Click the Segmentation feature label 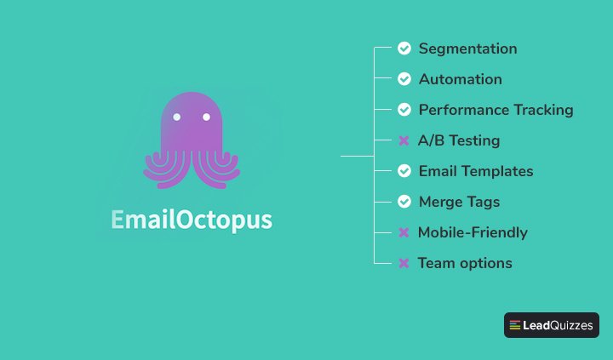click(x=467, y=49)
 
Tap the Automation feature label click(x=460, y=79)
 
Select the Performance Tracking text click(x=496, y=110)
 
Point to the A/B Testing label click(x=459, y=140)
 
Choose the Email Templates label click(x=476, y=171)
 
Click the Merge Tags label click(x=459, y=202)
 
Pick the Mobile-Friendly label click(x=473, y=232)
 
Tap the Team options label click(x=465, y=263)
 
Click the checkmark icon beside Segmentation click(x=404, y=49)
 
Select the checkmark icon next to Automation click(x=404, y=79)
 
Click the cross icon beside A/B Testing click(x=404, y=140)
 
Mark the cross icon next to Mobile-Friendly click(x=404, y=232)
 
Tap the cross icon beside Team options click(x=404, y=263)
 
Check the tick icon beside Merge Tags click(x=404, y=202)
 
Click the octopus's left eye click(x=176, y=117)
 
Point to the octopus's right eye click(x=206, y=117)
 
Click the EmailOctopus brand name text click(x=192, y=220)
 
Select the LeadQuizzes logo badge click(x=552, y=325)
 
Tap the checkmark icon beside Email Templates click(x=404, y=171)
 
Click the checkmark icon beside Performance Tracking click(x=404, y=110)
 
